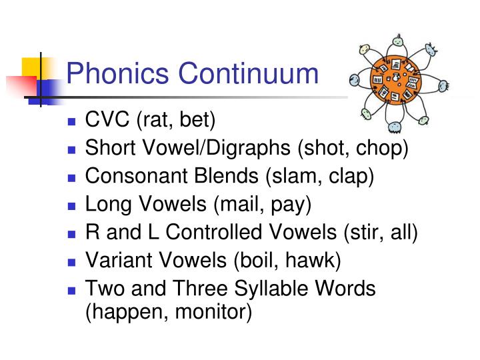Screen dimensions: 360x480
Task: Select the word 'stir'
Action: pyautogui.click(x=366, y=233)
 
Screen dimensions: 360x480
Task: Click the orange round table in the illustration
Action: pyautogui.click(x=395, y=81)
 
